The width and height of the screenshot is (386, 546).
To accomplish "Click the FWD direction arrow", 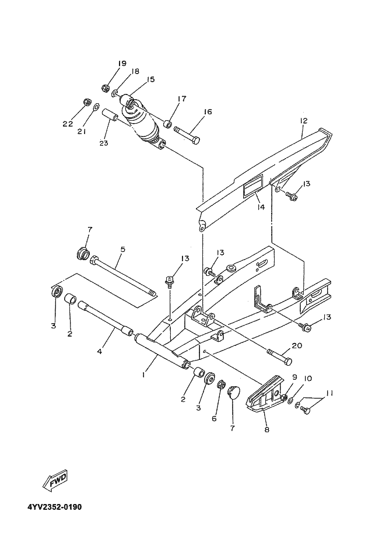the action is coord(55,480).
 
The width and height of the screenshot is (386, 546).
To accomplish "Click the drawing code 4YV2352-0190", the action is coord(55,507).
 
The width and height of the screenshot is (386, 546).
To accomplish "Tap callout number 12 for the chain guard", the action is coord(303,121).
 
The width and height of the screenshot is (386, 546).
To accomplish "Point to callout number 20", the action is coord(297,346).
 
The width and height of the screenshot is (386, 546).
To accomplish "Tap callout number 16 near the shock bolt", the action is coord(208,112).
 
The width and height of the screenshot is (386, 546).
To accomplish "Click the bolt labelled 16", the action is coord(187,135).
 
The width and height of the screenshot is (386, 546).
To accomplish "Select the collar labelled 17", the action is coord(168,124).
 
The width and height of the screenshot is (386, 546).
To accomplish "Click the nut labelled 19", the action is coord(106,89).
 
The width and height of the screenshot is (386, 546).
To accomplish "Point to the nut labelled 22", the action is coord(87,103).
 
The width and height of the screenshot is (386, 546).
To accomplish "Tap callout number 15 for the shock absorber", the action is coord(150,80).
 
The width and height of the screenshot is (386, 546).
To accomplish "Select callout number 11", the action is coord(329,393).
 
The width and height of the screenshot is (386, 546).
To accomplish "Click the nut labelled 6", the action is coord(220,385).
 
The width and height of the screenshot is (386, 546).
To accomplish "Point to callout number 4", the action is coord(100,352).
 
